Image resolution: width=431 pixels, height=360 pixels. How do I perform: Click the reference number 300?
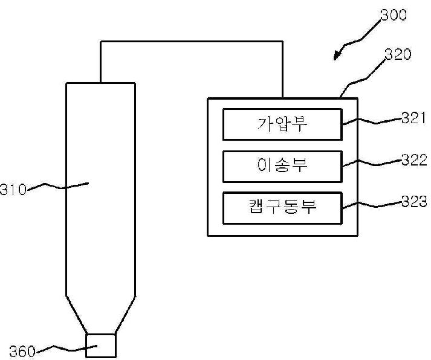point(394,15)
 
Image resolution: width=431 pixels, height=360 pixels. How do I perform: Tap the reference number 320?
point(398,54)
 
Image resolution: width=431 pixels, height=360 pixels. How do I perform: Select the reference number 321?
point(413,118)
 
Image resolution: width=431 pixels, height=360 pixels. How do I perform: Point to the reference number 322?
point(414,159)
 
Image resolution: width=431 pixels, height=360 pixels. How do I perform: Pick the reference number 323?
point(414,201)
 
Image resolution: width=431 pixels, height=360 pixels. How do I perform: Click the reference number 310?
point(13,190)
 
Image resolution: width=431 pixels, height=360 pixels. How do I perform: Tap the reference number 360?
point(22,351)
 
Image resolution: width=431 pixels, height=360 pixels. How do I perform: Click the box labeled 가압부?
point(282,124)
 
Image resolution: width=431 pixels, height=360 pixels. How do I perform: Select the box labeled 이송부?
point(282,166)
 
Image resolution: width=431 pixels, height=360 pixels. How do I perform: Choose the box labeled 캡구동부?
point(282,208)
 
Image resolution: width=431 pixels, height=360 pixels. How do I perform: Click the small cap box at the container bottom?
point(100,346)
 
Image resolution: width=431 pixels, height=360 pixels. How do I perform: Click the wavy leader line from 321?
point(372,121)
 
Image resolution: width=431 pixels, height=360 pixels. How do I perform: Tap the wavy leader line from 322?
point(372,163)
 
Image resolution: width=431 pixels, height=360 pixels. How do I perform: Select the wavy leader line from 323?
point(372,205)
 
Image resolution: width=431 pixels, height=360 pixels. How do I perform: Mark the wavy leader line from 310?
point(57,187)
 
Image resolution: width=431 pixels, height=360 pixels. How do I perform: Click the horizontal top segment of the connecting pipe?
point(192,42)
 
